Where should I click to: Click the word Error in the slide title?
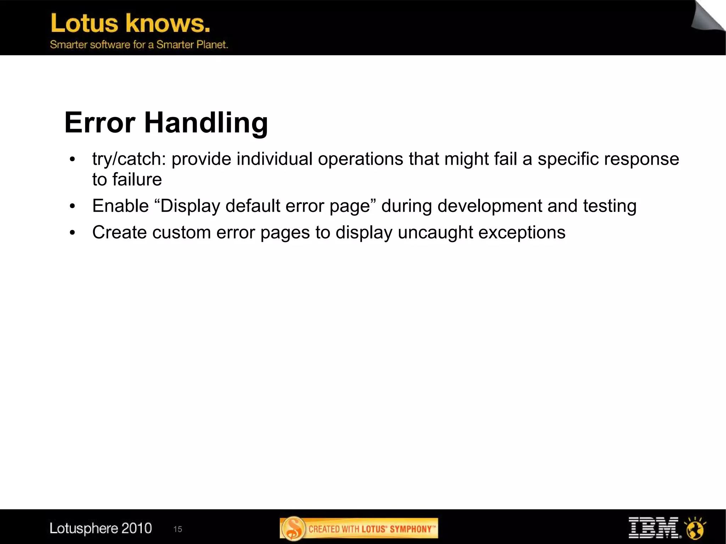click(x=100, y=123)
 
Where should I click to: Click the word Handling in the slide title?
click(x=206, y=123)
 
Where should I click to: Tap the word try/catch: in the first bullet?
click(x=129, y=159)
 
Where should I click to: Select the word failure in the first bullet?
click(x=137, y=180)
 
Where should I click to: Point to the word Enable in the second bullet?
click(x=120, y=206)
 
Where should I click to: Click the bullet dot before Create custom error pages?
click(x=73, y=233)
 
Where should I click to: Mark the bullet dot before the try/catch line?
click(x=73, y=159)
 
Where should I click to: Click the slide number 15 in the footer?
click(x=178, y=529)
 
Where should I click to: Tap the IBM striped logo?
click(x=653, y=528)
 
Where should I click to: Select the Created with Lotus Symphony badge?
click(x=359, y=528)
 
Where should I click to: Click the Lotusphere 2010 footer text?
click(x=101, y=528)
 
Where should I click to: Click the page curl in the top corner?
click(x=708, y=16)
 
